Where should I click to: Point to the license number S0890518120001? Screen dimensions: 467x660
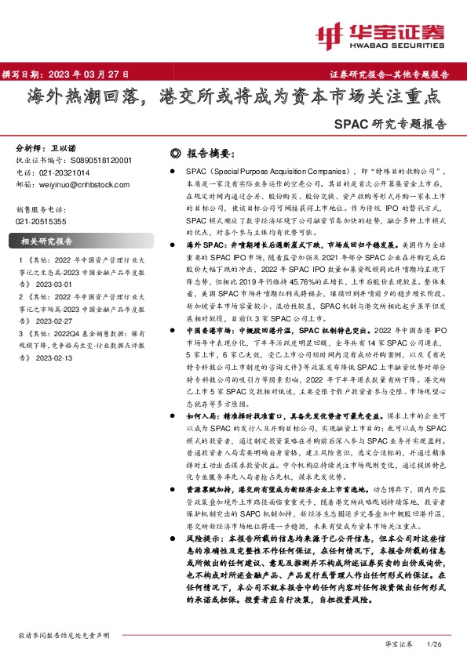[x=104, y=160]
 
